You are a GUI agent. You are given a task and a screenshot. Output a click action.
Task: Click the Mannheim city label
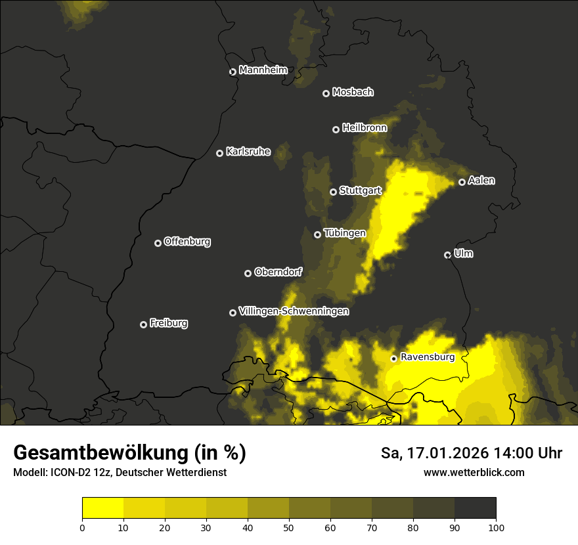[x=263, y=70]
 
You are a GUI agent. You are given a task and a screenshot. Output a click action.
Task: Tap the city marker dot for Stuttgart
[x=333, y=192]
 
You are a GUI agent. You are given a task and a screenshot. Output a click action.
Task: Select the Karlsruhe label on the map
[x=248, y=152]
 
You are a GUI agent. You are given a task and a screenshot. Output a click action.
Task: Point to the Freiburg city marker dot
[x=143, y=324]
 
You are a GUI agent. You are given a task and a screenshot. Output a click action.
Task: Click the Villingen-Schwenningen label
[x=294, y=311]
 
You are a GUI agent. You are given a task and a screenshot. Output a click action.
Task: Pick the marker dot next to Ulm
[x=447, y=255]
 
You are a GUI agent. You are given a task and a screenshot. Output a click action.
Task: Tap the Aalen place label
[x=481, y=181]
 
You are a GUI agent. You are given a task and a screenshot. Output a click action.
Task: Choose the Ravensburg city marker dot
[x=393, y=359]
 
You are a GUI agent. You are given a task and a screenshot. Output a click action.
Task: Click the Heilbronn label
[x=365, y=128]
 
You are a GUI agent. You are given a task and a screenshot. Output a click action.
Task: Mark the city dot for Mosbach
[x=326, y=93]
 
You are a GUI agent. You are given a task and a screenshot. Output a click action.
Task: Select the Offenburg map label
[x=187, y=242]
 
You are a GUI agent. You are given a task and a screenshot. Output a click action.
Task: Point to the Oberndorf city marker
[x=248, y=273]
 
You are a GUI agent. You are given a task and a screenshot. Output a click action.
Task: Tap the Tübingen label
[x=345, y=233]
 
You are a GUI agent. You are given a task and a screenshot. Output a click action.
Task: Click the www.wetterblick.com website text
[x=474, y=473]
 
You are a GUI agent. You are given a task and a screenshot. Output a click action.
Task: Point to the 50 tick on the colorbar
[x=289, y=527]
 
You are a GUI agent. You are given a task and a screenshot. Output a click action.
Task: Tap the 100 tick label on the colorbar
[x=496, y=527]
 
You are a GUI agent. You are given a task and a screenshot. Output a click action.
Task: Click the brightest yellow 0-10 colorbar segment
[x=102, y=508]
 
